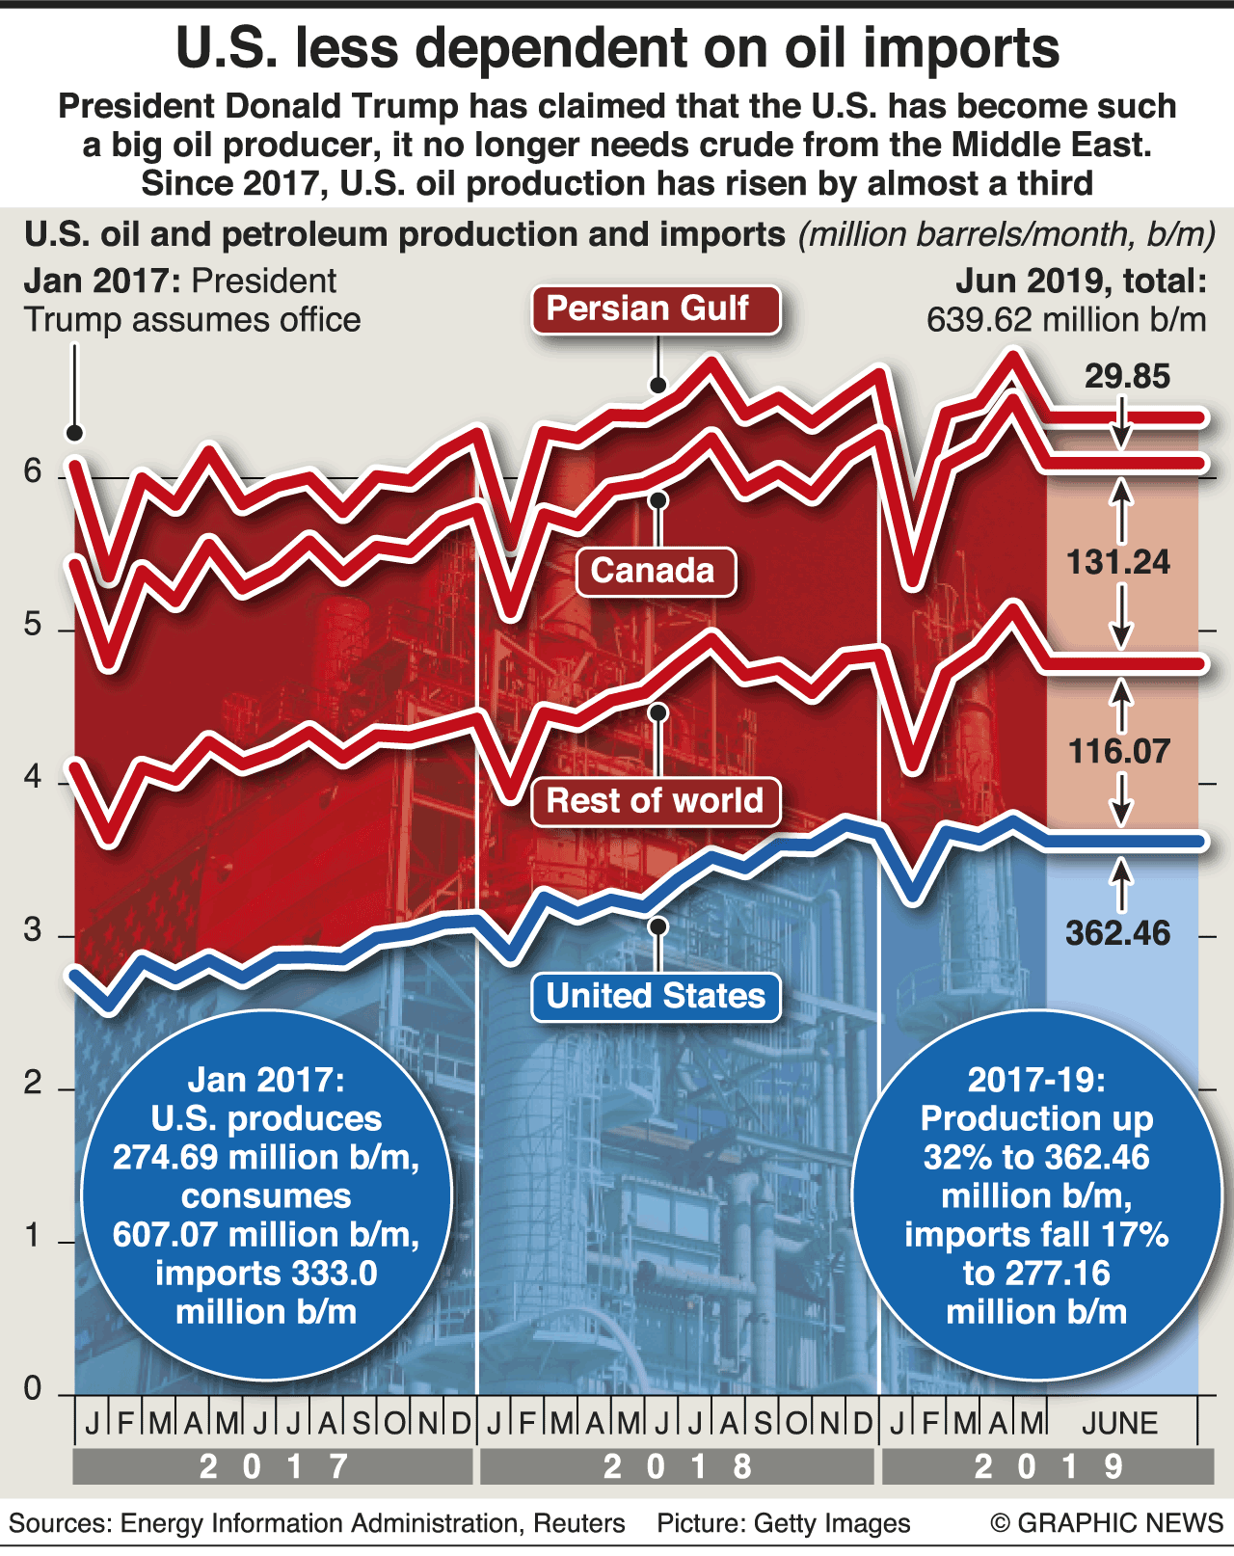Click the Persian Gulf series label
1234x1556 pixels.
point(656,309)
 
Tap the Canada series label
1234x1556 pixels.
point(656,572)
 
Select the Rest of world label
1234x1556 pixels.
point(656,801)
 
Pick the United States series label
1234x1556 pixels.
point(656,996)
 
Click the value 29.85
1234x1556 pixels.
point(1127,376)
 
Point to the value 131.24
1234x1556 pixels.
point(1118,562)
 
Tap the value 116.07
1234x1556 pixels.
point(1118,751)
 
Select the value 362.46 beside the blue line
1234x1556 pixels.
point(1118,932)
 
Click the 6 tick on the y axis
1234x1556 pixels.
point(34,471)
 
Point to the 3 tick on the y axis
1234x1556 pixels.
point(34,930)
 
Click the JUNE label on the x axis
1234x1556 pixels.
point(1119,1423)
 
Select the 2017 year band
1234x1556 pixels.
point(273,1466)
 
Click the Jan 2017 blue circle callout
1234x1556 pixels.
point(266,1195)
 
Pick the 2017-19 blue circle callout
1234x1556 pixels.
point(1036,1195)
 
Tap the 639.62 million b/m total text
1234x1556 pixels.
point(1066,320)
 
